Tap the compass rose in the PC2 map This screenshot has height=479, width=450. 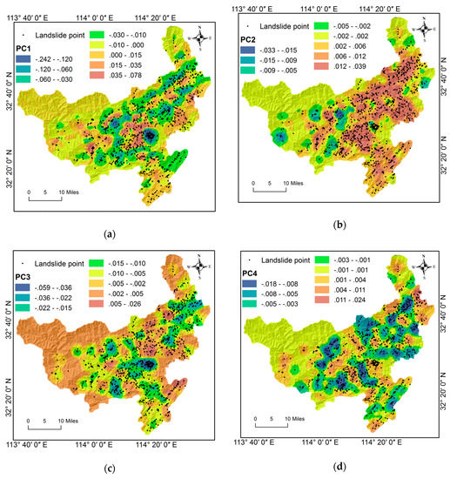(x=422, y=27)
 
